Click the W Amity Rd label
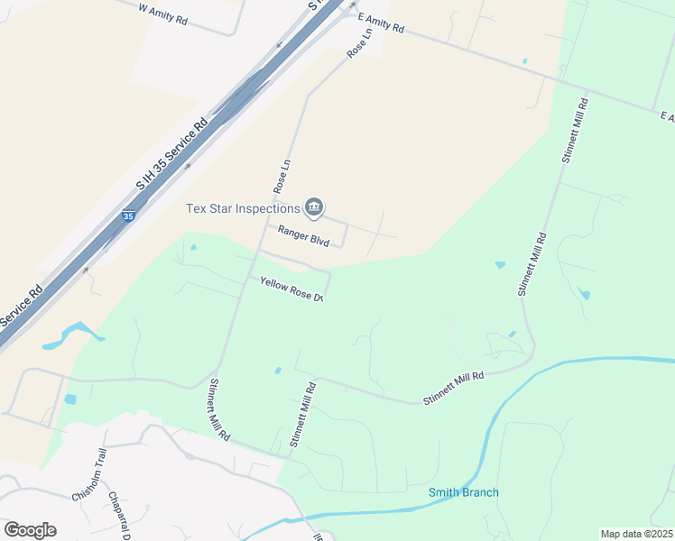point(163,13)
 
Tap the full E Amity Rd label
point(381,23)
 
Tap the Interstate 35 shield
point(128,216)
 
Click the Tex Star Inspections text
point(243,208)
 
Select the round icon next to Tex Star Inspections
point(314,208)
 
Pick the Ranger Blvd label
point(303,235)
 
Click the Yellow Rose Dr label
point(291,289)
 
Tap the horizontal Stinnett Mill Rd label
point(453,389)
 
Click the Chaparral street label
point(121,515)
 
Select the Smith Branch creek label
point(464,492)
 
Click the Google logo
point(30,529)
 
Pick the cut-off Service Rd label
point(22,307)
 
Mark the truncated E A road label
point(667,118)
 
